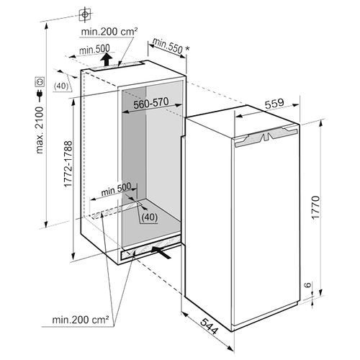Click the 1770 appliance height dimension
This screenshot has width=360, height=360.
pyautogui.click(x=315, y=207)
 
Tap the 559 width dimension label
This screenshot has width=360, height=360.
pyautogui.click(x=274, y=104)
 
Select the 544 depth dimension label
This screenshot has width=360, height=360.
pyautogui.click(x=209, y=326)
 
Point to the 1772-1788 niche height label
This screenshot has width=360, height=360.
pyautogui.click(x=68, y=163)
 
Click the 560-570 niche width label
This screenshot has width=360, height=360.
pyautogui.click(x=151, y=103)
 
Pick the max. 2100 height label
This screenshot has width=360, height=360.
pyautogui.click(x=40, y=130)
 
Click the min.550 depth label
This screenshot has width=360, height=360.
pyautogui.click(x=168, y=45)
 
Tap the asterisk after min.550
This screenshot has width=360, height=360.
pyautogui.click(x=187, y=49)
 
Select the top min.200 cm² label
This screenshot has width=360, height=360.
pyautogui.click(x=109, y=32)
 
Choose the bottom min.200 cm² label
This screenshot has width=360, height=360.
pyautogui.click(x=81, y=320)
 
